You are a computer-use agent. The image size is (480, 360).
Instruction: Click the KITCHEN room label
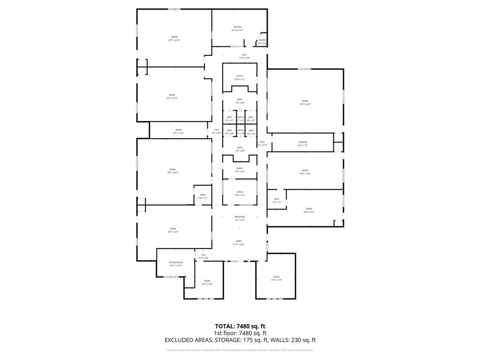coord(238,27)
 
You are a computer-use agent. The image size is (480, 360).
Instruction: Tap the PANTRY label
coord(262,40)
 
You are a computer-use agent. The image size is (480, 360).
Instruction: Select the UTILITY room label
coord(240,76)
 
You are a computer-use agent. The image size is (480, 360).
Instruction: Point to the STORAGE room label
coord(303,142)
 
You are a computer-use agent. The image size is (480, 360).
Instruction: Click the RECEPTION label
coord(240,217)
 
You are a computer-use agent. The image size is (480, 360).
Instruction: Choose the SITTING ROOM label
coord(176,262)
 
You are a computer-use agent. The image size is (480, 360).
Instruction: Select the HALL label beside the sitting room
coord(204,255)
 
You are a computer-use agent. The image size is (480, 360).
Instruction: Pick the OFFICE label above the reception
coord(240,192)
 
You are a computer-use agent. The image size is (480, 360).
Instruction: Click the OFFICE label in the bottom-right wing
coord(276,277)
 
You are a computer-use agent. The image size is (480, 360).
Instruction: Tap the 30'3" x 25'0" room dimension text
coord(305,104)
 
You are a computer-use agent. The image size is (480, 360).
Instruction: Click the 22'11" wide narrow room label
coord(179,131)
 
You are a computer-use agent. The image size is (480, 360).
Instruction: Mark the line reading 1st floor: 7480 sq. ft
coord(240,333)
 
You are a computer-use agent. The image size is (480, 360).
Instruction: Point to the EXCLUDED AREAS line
coord(240,340)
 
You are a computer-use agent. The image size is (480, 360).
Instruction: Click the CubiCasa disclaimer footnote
coord(240,350)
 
